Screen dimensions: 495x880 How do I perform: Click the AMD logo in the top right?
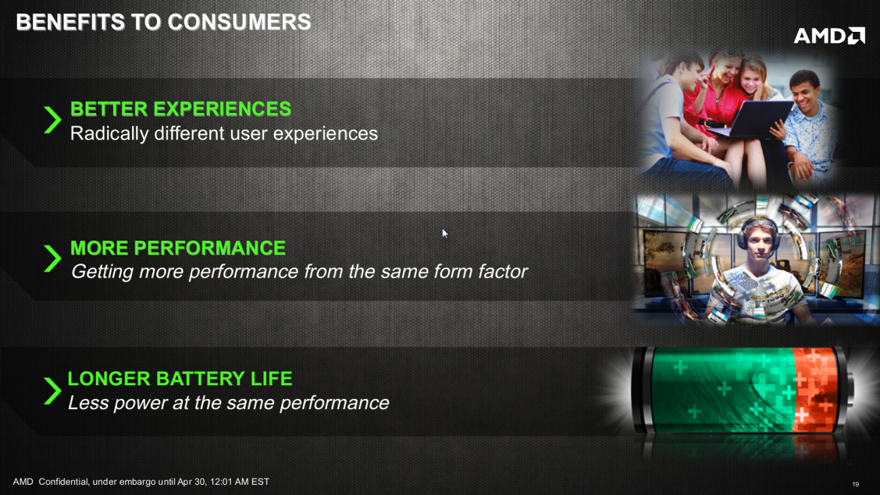click(829, 36)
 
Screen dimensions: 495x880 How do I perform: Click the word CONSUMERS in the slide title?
click(239, 22)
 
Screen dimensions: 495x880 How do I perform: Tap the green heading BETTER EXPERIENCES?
click(181, 109)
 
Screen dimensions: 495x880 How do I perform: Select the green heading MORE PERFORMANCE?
click(178, 248)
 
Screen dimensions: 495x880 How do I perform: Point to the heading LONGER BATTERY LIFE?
click(180, 379)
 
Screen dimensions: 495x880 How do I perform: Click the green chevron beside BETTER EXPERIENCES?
click(52, 120)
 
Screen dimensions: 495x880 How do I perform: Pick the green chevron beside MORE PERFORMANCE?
click(52, 259)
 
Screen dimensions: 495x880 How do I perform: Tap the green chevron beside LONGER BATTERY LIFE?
click(52, 391)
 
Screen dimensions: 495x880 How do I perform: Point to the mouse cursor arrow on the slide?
click(445, 234)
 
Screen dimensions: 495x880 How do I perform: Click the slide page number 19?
click(856, 484)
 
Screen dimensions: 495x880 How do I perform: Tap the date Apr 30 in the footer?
click(194, 482)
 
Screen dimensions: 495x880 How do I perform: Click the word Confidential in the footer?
click(63, 482)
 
